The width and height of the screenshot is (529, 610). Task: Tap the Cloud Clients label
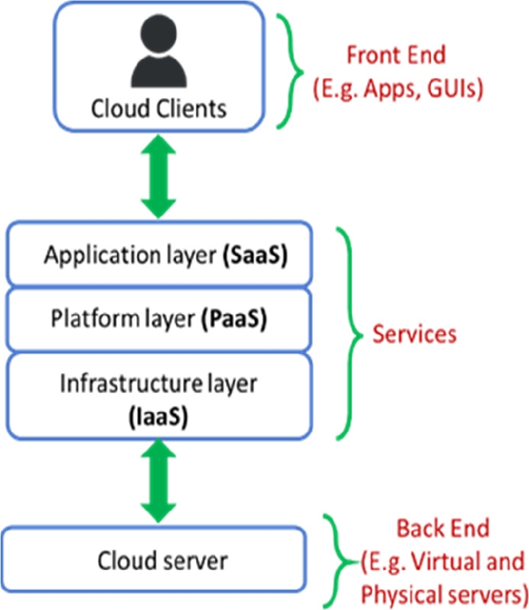click(x=158, y=108)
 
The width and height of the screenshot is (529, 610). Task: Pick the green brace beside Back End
click(x=344, y=561)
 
